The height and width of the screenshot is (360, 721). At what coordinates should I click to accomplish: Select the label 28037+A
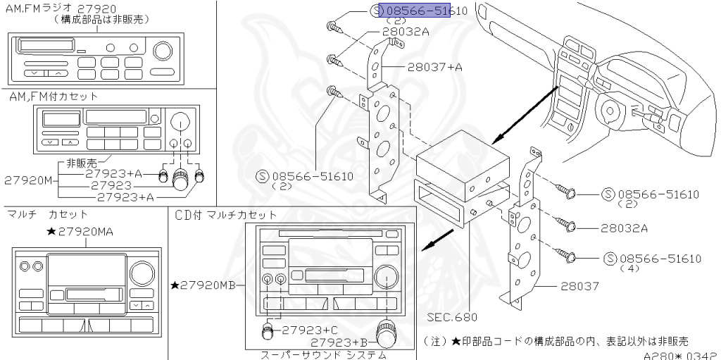click(434, 68)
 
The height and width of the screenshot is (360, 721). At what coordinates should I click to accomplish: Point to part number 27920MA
click(87, 231)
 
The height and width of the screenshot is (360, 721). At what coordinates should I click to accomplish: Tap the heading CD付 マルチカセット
click(226, 214)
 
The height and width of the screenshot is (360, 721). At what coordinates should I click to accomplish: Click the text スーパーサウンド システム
click(323, 355)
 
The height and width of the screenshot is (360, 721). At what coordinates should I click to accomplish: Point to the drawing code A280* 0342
click(680, 355)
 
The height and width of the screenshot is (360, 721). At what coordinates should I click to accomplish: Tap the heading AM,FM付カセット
click(54, 96)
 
